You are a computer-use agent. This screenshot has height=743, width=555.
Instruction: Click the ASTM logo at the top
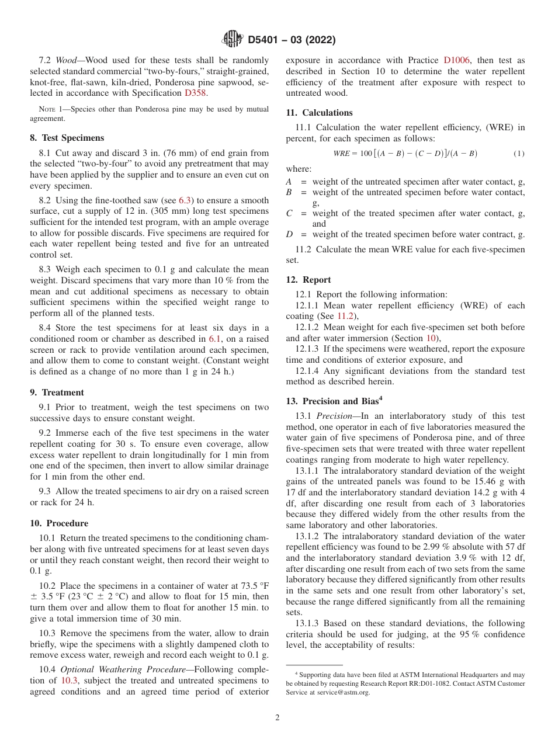(232, 40)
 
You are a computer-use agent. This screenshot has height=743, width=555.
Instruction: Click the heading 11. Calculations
(319, 112)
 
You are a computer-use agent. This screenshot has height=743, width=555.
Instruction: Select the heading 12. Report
(308, 280)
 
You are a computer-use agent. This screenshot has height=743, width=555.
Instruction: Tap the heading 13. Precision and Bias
(334, 401)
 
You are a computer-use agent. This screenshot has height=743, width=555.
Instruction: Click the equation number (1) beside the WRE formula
(519, 154)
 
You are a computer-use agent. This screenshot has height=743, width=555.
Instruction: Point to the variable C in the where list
(289, 214)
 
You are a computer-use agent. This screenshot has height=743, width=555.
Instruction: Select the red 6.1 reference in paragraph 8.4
(216, 339)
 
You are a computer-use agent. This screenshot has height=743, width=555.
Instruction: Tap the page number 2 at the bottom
(277, 718)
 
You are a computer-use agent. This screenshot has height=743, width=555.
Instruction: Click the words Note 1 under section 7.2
(50, 109)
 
